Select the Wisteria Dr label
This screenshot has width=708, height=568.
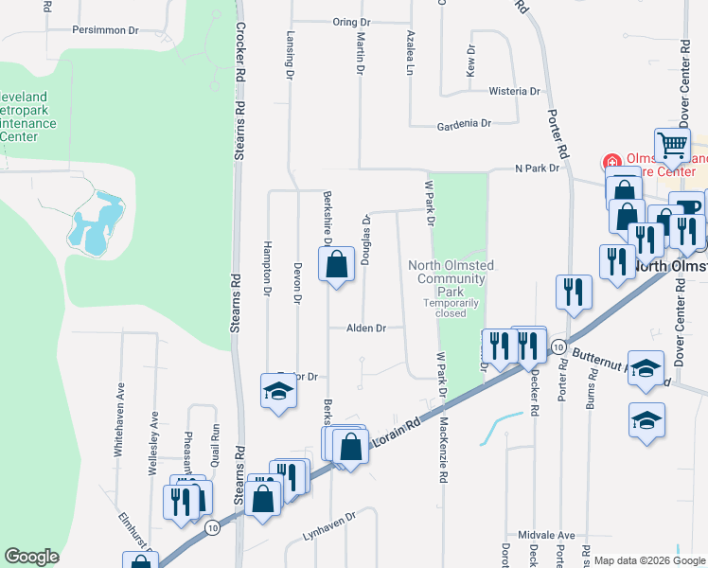coord(514,92)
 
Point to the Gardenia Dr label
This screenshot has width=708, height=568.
coord(464,124)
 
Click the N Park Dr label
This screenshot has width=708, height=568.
coord(538,169)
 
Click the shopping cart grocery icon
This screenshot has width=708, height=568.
coord(672,146)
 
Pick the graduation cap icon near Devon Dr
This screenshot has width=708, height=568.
coord(278,392)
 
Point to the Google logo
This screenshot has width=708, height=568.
coord(31,557)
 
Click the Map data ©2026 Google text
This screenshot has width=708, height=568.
coord(649,560)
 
